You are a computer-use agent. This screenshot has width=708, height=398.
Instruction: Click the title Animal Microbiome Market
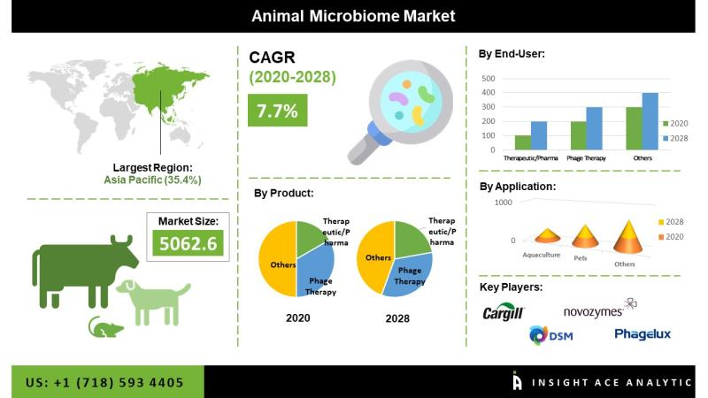point(354,16)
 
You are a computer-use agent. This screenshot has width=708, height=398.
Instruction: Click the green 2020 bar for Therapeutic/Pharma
point(522,142)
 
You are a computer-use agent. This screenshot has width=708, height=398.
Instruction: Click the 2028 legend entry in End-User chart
point(676,140)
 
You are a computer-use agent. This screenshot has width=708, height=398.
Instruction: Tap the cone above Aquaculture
point(547,233)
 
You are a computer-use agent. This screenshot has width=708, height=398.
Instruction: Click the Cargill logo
point(504,313)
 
